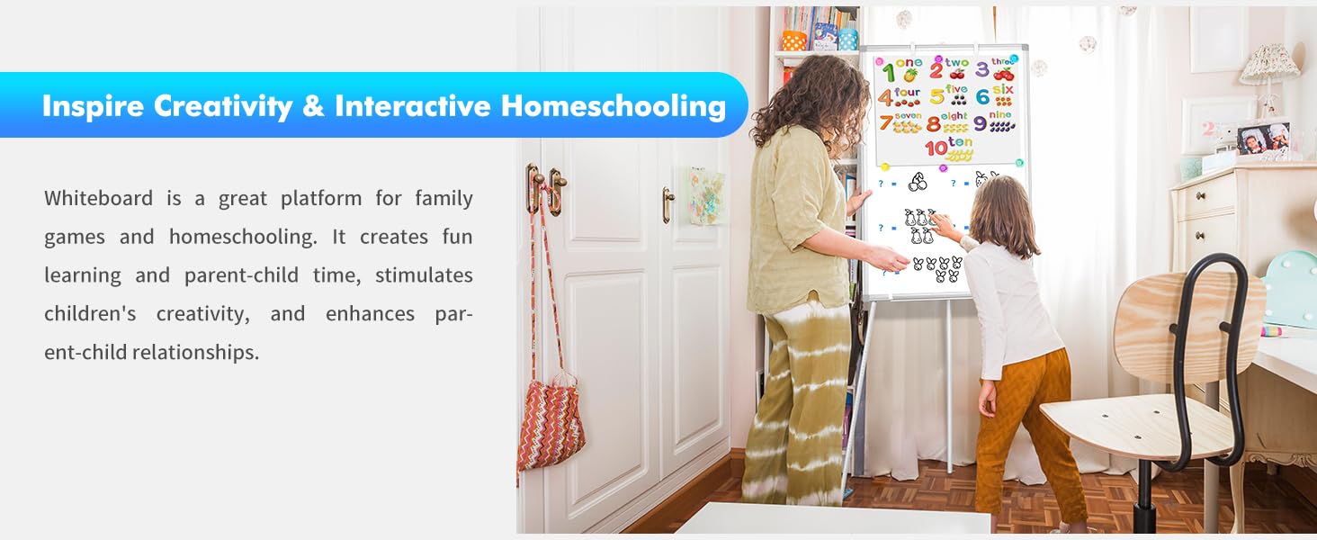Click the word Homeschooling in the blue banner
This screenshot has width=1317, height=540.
tap(614, 106)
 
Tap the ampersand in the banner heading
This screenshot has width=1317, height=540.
tap(313, 106)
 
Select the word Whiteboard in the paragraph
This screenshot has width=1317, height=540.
tap(98, 198)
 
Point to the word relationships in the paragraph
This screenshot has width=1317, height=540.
tap(195, 352)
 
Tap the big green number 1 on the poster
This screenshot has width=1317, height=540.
tap(889, 72)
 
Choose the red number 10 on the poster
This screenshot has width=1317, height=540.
tap(936, 148)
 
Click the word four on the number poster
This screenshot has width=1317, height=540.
tap(907, 92)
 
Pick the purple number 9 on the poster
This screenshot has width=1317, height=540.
tap(981, 123)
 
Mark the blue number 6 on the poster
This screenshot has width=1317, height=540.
tap(982, 97)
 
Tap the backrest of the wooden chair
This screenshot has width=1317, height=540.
tap(1187, 320)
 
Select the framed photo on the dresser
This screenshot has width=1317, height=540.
tap(1264, 139)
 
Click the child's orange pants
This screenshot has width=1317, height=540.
tap(1026, 429)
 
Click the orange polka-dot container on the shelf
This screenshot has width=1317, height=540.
tap(793, 40)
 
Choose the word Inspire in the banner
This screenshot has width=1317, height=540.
tap(93, 106)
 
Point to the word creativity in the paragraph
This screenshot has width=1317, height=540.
tap(202, 313)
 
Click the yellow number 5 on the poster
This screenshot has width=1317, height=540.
tap(936, 97)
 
